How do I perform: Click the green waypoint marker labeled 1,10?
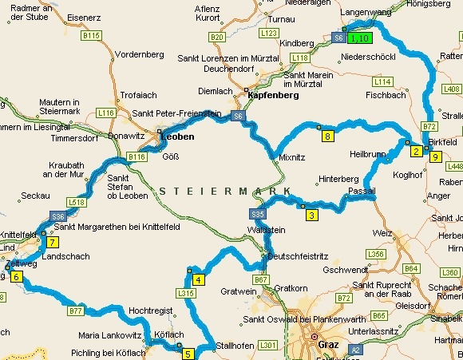coord(358,38)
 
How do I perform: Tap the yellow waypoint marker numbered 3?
coord(312,214)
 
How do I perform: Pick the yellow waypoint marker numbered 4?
coord(197,279)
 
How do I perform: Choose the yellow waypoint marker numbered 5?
coord(188,354)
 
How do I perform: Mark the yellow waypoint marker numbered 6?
coord(16,277)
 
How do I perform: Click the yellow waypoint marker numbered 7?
coord(52,242)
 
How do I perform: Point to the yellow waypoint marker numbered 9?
coord(435,157)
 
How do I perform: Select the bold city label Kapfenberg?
coord(273,95)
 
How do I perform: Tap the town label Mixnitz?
coord(293,158)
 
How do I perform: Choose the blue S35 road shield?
coord(257,215)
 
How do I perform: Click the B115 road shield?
coord(92,36)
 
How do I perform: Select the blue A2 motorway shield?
coord(354,349)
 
